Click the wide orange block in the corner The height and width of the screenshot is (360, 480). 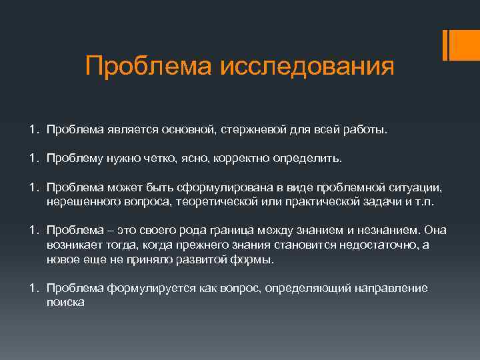463,45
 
